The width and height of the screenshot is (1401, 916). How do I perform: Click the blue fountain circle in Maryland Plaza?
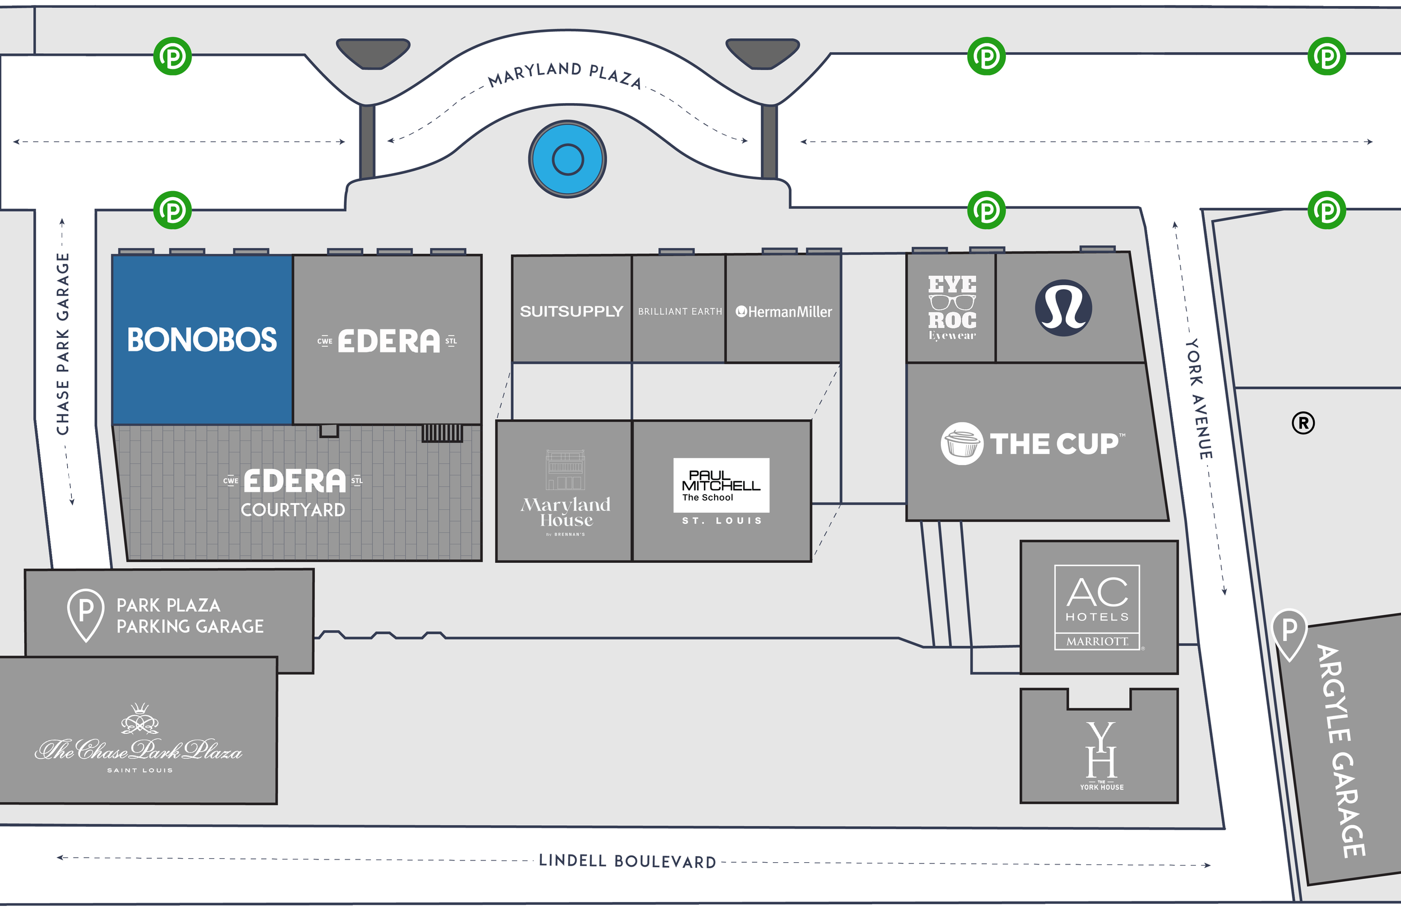click(568, 159)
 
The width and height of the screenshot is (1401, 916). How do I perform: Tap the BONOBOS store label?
click(202, 340)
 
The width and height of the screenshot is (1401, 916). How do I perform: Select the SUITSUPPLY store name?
click(571, 311)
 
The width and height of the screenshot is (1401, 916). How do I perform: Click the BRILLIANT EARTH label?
click(680, 311)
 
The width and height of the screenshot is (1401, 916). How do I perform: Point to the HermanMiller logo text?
click(784, 312)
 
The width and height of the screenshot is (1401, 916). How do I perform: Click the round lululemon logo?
click(1063, 308)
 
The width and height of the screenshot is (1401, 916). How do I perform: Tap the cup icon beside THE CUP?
click(961, 444)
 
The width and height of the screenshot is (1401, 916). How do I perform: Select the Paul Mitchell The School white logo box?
click(721, 485)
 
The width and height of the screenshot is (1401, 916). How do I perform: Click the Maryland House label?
click(565, 512)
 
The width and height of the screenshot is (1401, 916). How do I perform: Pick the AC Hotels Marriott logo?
click(1097, 607)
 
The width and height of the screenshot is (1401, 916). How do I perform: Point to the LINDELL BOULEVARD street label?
click(628, 861)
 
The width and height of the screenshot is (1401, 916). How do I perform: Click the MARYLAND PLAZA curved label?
click(564, 75)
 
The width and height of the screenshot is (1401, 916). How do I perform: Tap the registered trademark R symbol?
click(1303, 423)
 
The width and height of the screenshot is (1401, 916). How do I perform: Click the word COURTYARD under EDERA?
click(293, 510)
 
